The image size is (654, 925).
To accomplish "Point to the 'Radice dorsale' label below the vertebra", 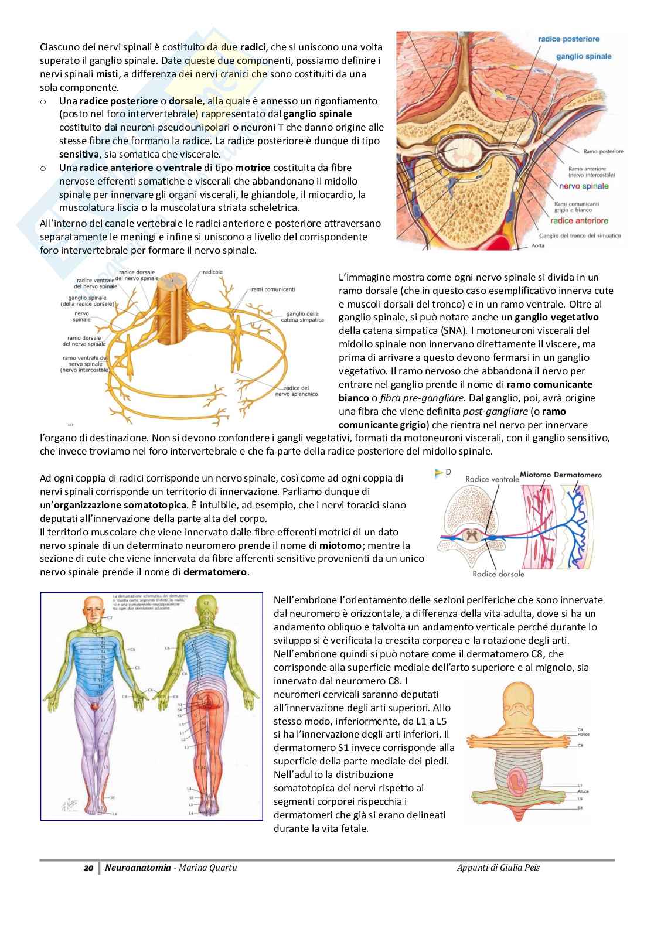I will click(x=498, y=574).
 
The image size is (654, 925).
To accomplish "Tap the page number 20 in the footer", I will click(x=89, y=867).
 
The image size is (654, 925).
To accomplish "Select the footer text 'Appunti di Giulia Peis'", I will click(x=498, y=867).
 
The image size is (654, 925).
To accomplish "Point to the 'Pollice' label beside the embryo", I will click(x=583, y=734).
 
